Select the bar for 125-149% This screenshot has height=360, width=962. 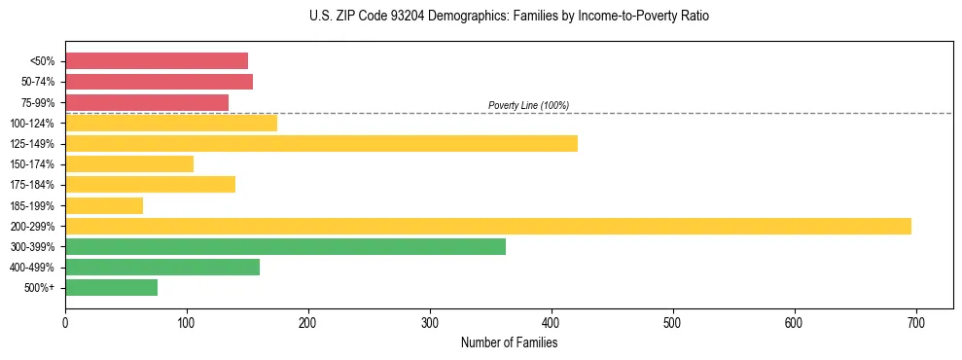[321, 144]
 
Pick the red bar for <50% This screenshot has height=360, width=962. [156, 61]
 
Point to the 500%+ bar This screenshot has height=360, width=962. [111, 287]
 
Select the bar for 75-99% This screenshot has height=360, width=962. [147, 102]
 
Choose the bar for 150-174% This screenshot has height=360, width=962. [129, 164]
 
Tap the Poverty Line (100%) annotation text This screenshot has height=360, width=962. [528, 105]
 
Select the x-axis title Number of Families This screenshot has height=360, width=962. [509, 342]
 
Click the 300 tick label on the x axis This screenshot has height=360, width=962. [430, 324]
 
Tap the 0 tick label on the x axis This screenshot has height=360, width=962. [65, 324]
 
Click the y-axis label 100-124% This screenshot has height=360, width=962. [34, 124]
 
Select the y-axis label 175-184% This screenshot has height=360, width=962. [34, 185]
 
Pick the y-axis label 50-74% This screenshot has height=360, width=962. [37, 82]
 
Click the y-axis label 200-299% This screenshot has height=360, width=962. [34, 226]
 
